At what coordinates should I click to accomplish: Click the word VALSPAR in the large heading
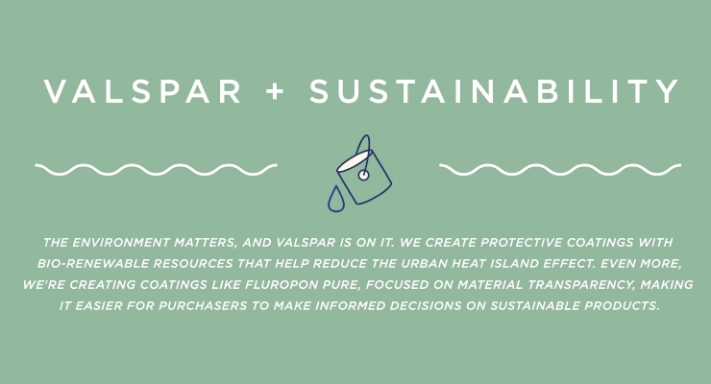coord(142,91)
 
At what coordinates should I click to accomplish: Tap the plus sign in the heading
coord(275,91)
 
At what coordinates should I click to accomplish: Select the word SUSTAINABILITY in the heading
coord(494,91)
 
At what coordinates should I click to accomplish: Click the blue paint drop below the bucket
coord(336,199)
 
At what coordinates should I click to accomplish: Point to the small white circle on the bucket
coord(363,175)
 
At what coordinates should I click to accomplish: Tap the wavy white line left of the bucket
coord(156,169)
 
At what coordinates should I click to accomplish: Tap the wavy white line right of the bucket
coord(560,169)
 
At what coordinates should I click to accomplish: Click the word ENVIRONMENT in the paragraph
coord(121,242)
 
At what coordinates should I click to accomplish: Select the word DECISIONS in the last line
coord(426,305)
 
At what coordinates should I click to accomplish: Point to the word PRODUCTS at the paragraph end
coord(622,305)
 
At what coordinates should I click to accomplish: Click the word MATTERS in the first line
coord(206,242)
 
